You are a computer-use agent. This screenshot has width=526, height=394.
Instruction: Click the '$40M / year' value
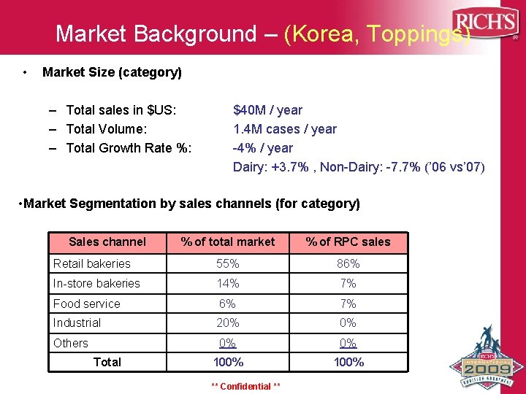tap(267, 110)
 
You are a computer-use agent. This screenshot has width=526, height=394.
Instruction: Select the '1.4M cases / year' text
tap(284, 129)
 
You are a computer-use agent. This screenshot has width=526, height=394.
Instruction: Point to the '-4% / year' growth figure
tap(262, 148)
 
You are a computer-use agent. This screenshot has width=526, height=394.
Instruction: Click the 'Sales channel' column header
tap(107, 242)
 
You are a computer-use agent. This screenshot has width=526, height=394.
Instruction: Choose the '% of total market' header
tap(228, 242)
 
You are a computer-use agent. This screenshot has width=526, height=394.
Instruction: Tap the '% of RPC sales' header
tap(348, 242)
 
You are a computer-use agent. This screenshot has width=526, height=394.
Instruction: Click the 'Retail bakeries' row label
tap(92, 263)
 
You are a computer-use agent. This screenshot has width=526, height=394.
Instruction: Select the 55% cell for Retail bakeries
tap(227, 263)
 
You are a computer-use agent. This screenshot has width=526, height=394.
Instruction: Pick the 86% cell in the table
tap(348, 263)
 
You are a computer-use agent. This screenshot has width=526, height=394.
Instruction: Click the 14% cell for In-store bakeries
tap(227, 283)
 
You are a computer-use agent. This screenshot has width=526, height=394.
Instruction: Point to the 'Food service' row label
tap(86, 304)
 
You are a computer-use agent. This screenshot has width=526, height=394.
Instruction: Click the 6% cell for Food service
tap(227, 304)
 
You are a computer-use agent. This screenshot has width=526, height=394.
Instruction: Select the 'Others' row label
tap(71, 343)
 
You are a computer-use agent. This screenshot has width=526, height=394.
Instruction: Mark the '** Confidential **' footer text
tap(245, 386)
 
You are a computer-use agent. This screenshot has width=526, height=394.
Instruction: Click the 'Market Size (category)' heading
tap(113, 72)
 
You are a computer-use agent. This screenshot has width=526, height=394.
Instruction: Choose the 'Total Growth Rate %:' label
tap(129, 148)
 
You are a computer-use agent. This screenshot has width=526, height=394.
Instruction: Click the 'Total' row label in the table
tap(107, 362)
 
